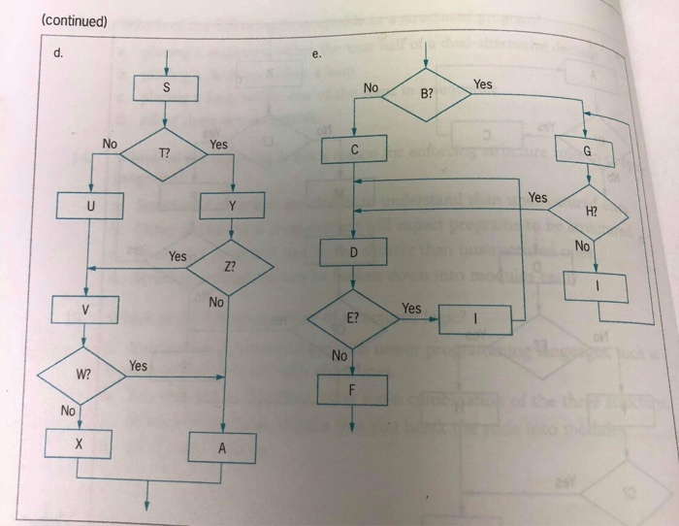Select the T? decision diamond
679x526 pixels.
click(x=164, y=155)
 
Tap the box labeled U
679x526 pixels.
click(x=90, y=206)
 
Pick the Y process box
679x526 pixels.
click(x=231, y=206)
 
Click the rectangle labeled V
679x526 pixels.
click(x=85, y=311)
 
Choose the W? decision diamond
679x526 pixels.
click(x=81, y=374)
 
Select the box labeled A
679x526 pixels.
click(x=223, y=447)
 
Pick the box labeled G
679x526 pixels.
click(x=587, y=151)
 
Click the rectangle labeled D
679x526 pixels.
click(x=354, y=252)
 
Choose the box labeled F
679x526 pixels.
click(x=354, y=389)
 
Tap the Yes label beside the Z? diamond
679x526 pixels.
click(x=178, y=256)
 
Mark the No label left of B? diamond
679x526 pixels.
click(x=371, y=88)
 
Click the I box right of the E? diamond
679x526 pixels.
click(x=476, y=318)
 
